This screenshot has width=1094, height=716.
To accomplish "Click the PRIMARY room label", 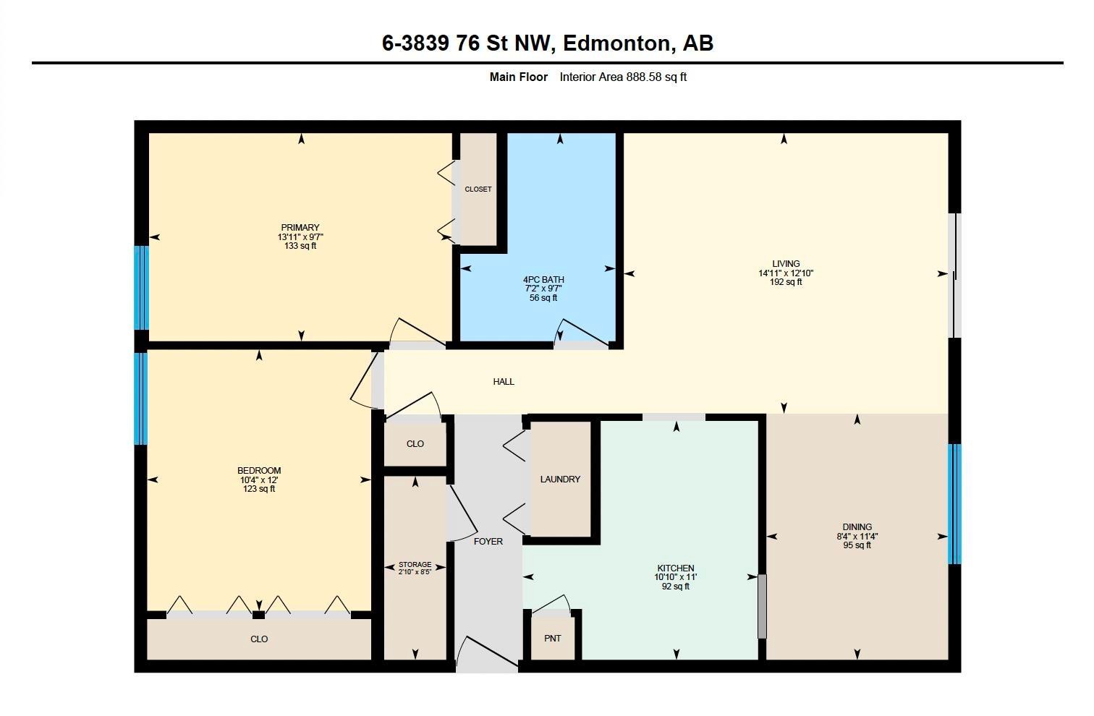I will pyautogui.click(x=300, y=228).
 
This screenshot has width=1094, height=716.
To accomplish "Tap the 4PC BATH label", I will pyautogui.click(x=543, y=280).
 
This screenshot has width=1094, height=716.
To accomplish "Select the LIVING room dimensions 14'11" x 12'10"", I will pyautogui.click(x=786, y=273).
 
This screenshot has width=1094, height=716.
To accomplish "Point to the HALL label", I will pyautogui.click(x=504, y=382).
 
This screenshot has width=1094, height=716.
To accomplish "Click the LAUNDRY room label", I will pyautogui.click(x=560, y=480).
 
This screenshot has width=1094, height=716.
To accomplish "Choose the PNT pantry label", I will pyautogui.click(x=553, y=639).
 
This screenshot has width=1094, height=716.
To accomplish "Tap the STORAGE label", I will pyautogui.click(x=415, y=565).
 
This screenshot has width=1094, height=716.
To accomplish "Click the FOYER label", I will pyautogui.click(x=488, y=542).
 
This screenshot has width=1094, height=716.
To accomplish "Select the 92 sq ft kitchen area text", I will pyautogui.click(x=676, y=587).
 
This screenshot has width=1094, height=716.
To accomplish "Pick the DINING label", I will pyautogui.click(x=857, y=527).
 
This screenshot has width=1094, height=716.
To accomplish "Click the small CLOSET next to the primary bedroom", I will pyautogui.click(x=478, y=189).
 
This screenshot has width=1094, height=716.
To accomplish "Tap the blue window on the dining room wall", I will pyautogui.click(x=954, y=504).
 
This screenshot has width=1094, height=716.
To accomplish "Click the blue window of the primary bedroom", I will pyautogui.click(x=142, y=288).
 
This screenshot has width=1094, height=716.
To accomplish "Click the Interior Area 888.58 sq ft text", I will pyautogui.click(x=623, y=77).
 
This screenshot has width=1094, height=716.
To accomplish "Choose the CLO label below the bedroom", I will pyautogui.click(x=259, y=639).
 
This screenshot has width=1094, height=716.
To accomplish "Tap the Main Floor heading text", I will pyautogui.click(x=518, y=77).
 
